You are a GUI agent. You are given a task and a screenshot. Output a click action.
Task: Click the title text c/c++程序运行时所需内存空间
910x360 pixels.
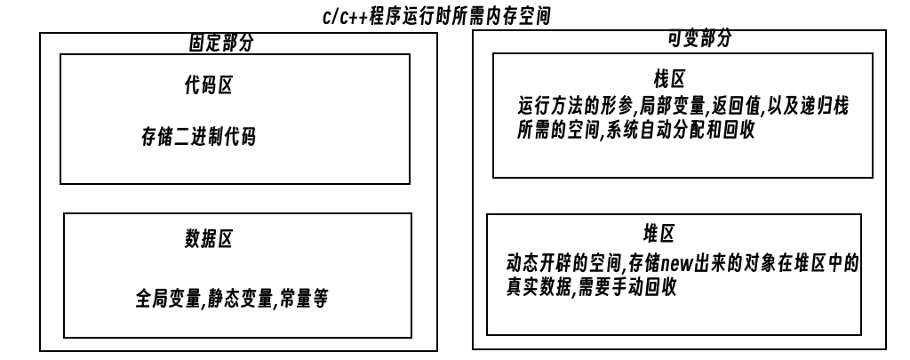pos(436,16)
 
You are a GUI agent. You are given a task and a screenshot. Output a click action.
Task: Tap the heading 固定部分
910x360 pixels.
pos(221,43)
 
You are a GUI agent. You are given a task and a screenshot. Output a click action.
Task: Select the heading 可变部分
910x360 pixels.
pos(700,38)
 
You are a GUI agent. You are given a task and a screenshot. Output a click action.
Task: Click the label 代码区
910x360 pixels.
pos(208,85)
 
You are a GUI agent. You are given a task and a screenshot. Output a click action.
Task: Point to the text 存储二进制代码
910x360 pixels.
pos(198,137)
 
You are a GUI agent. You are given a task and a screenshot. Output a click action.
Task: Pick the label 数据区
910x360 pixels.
pos(208,238)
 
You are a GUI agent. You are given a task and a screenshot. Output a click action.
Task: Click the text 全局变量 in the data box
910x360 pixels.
pos(168,299)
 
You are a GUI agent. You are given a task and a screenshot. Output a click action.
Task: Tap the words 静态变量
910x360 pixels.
pos(240,299)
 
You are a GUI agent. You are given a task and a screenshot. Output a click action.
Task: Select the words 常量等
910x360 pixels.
pos(303,299)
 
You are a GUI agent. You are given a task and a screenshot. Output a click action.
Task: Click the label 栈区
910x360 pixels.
pos(669,78)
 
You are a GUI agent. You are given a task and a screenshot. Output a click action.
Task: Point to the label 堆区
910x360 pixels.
pos(659,234)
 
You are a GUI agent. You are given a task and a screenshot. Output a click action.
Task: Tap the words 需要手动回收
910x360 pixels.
pos(627,287)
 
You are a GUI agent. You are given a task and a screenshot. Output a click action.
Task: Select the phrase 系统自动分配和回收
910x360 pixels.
pos(680,130)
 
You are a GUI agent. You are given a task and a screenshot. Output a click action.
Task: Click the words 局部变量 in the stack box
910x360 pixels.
pos(673,107)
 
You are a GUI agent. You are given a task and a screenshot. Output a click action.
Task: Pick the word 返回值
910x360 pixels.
pos(736,107)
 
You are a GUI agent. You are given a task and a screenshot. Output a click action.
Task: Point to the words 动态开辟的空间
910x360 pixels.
pos(564,263)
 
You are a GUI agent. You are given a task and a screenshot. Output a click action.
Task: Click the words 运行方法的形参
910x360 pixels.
pos(576,107)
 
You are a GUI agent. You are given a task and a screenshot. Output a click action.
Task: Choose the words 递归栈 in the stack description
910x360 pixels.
pos(825,107)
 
